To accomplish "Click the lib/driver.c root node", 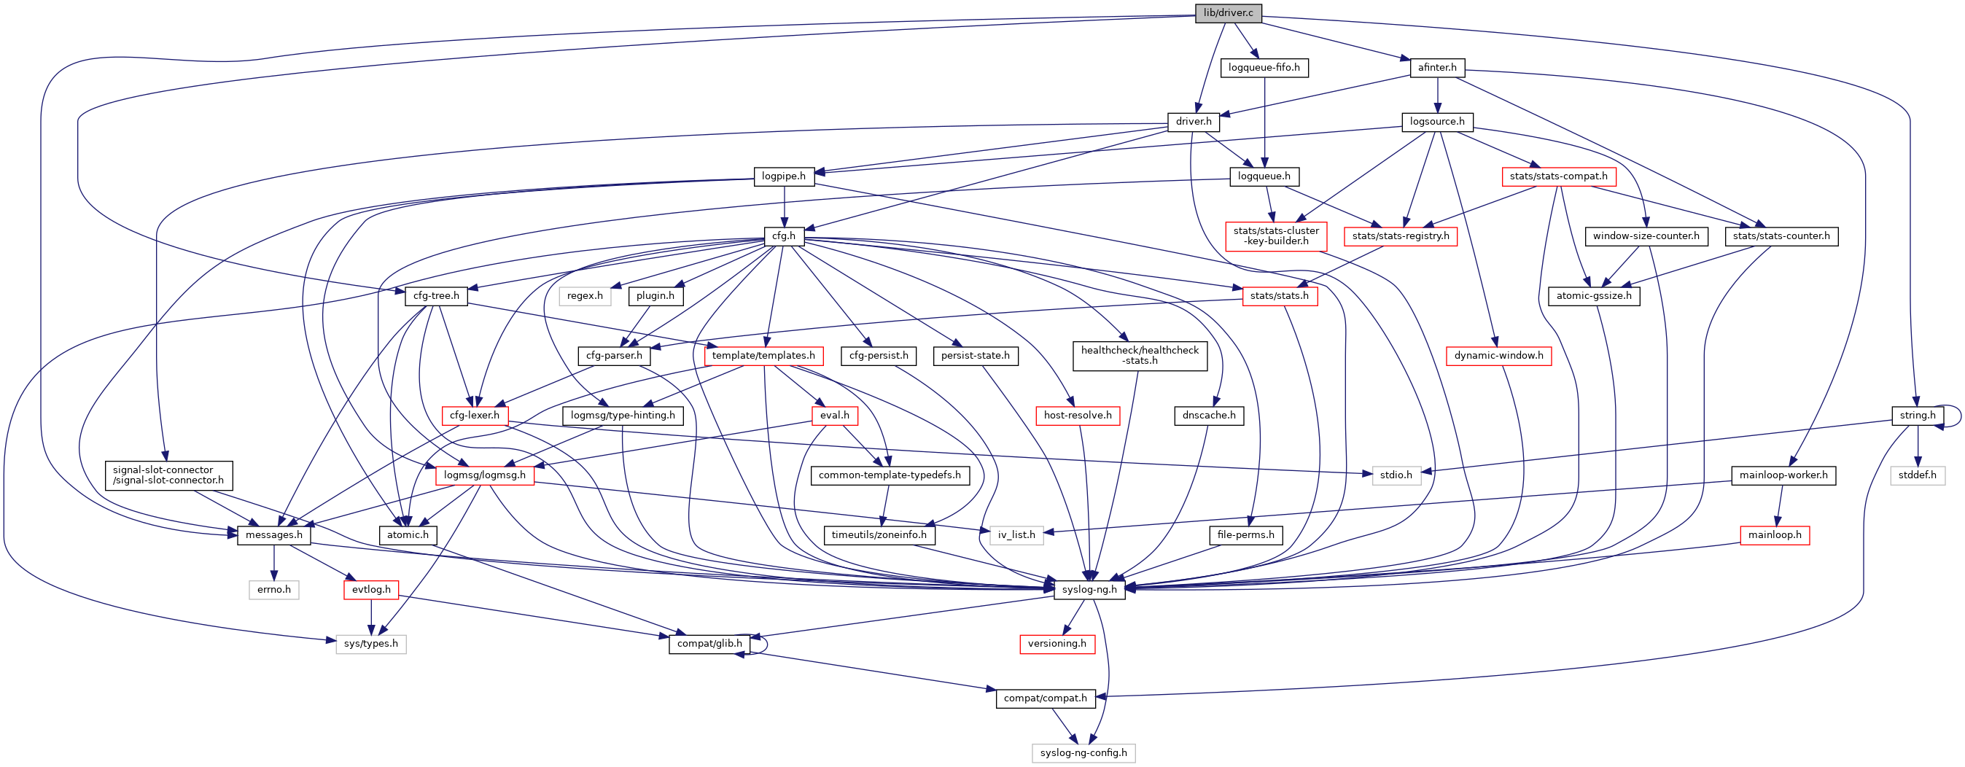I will point(1228,13).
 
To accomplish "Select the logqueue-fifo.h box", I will point(1264,68).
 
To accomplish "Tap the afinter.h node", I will point(1437,68).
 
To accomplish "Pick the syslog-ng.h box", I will point(1089,589).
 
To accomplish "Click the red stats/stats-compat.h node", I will point(1558,176).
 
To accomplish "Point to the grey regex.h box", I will point(585,296).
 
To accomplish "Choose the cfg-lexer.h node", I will point(475,416).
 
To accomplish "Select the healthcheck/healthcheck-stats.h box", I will point(1140,355).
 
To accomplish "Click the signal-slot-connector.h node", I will point(168,475).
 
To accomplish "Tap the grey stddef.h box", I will point(1918,475).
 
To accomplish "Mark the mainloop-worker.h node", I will point(1783,475).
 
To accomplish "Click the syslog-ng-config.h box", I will point(1083,752).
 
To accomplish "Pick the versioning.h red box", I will point(1057,644).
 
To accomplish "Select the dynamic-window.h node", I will point(1498,355).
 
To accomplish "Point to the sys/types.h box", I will point(370,644).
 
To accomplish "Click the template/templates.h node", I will point(763,355).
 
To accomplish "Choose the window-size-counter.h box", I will point(1646,236).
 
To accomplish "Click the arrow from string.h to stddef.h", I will point(1918,445).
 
